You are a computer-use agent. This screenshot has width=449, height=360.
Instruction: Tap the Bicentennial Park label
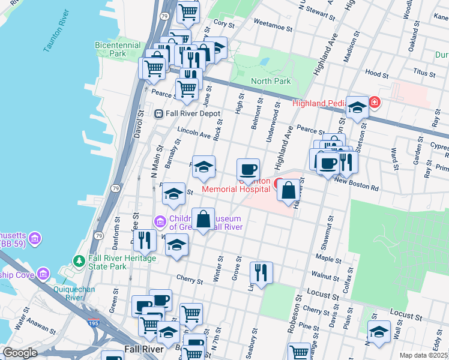(x=118, y=49)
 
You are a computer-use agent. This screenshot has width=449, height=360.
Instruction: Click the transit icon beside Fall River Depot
(x=158, y=113)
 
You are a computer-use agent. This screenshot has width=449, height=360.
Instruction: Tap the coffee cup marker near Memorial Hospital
(x=248, y=169)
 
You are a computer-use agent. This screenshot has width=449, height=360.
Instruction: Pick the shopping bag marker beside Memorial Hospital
(x=288, y=190)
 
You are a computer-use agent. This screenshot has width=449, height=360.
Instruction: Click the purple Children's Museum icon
(x=160, y=222)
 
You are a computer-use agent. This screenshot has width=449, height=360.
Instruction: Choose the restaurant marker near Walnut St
(x=261, y=272)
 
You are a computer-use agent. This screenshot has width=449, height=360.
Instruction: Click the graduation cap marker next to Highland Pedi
(x=357, y=107)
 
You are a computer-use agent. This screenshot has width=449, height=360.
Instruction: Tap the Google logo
(x=20, y=353)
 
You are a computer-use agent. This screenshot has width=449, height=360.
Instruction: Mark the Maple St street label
(x=332, y=259)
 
